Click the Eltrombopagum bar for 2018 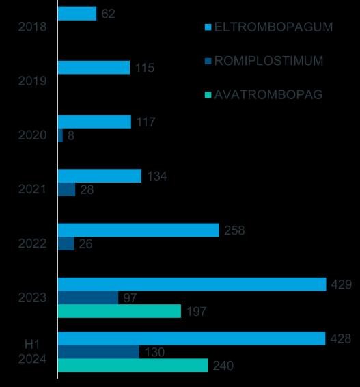(x=77, y=14)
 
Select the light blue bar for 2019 (x=94, y=68)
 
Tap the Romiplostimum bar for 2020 (x=60, y=135)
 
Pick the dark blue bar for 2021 (x=66, y=189)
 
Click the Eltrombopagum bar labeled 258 (x=139, y=230)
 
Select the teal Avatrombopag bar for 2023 (x=120, y=311)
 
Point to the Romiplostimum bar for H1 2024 (x=98, y=351)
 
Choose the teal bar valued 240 (x=133, y=365)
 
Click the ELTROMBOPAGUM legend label (x=273, y=27)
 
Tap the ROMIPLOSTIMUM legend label (x=268, y=61)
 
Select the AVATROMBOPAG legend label (x=268, y=94)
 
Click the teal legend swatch (x=208, y=95)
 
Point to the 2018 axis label (x=32, y=27)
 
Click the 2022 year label (x=32, y=243)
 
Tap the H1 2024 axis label (x=32, y=351)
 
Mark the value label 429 (x=342, y=284)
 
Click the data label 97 (x=130, y=298)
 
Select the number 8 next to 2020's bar (x=71, y=135)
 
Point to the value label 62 (x=108, y=14)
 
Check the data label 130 (x=154, y=352)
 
